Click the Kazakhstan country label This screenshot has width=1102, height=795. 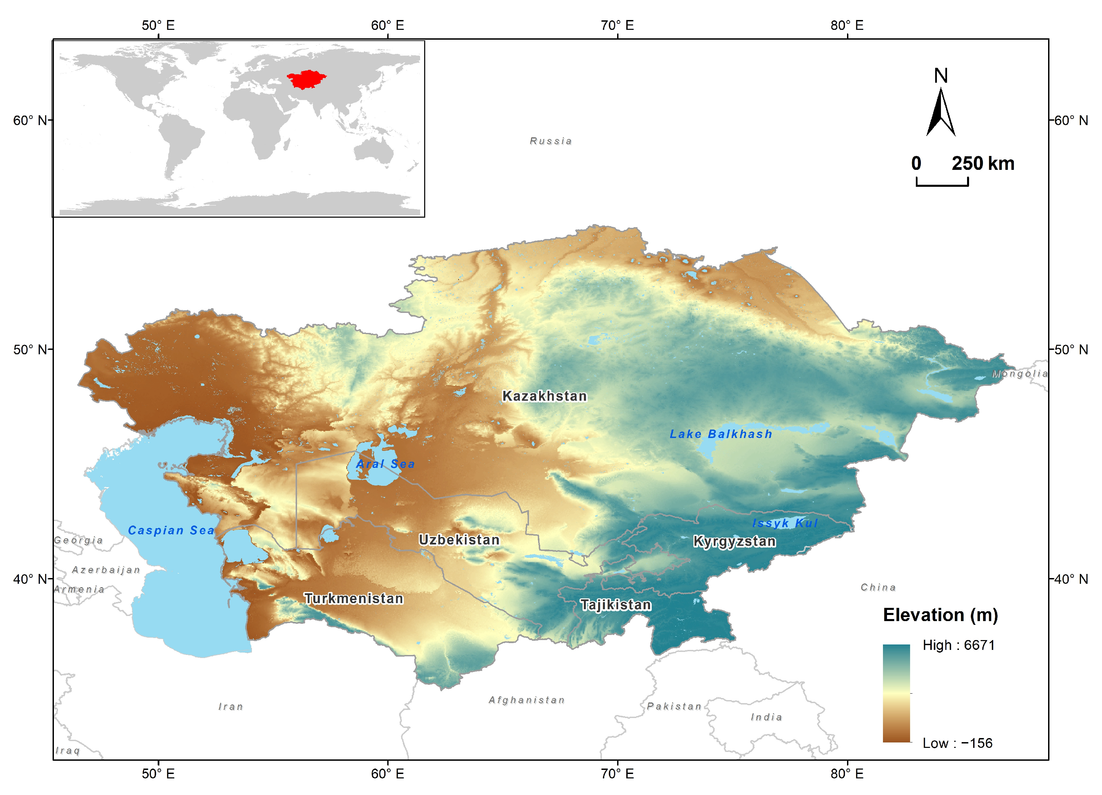pos(544,396)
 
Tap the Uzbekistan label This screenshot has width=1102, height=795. pos(459,539)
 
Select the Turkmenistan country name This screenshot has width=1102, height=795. pos(354,598)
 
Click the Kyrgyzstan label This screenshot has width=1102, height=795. pos(734,541)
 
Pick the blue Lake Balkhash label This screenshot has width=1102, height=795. pos(721,434)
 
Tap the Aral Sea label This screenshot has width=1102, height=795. pos(385,463)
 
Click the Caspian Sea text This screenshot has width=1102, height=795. pos(171,530)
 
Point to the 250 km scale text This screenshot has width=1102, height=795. pos(982,163)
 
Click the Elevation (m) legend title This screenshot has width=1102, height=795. pos(940,615)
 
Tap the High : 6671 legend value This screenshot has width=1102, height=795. pos(959,645)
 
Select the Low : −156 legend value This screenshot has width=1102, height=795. pos(957,743)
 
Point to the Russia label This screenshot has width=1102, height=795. pos(551,141)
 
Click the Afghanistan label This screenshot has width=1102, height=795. pos(527,700)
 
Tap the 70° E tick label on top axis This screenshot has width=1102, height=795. pos(617,25)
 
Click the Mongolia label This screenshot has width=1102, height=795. pos(1019,374)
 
